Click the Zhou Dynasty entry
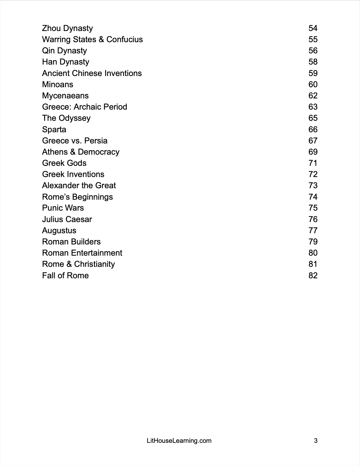pyautogui.click(x=67, y=28)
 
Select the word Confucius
pyautogui.click(x=125, y=40)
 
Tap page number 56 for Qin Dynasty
pyautogui.click(x=313, y=51)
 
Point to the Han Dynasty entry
pyautogui.click(x=66, y=62)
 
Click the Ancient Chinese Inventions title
pyautogui.click(x=92, y=73)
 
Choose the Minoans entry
pyautogui.click(x=58, y=85)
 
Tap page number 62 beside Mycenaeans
pyautogui.click(x=313, y=96)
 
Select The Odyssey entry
pyautogui.click(x=66, y=118)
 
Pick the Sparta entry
pyautogui.click(x=54, y=130)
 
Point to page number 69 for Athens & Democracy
pyautogui.click(x=313, y=152)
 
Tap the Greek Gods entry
pyautogui.click(x=64, y=163)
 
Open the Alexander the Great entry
pyautogui.click(x=79, y=186)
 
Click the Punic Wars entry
pyautogui.click(x=63, y=208)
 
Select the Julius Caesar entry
pyautogui.click(x=67, y=219)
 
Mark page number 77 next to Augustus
pyautogui.click(x=313, y=231)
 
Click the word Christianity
pyautogui.click(x=94, y=264)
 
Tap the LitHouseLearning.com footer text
pyautogui.click(x=179, y=441)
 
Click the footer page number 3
pyautogui.click(x=316, y=441)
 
